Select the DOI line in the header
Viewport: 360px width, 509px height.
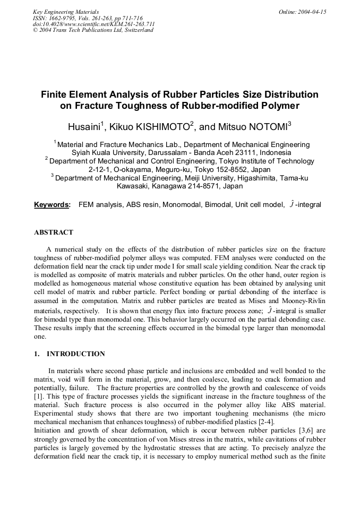pyautogui.click(x=93, y=24)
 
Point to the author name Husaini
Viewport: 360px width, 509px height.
pyautogui.click(x=83, y=128)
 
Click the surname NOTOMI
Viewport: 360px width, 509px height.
pyautogui.click(x=263, y=128)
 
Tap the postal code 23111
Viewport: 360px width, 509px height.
pyautogui.click(x=238, y=153)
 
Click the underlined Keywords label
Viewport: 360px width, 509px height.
pyautogui.click(x=52, y=205)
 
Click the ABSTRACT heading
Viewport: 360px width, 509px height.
pyautogui.click(x=54, y=232)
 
